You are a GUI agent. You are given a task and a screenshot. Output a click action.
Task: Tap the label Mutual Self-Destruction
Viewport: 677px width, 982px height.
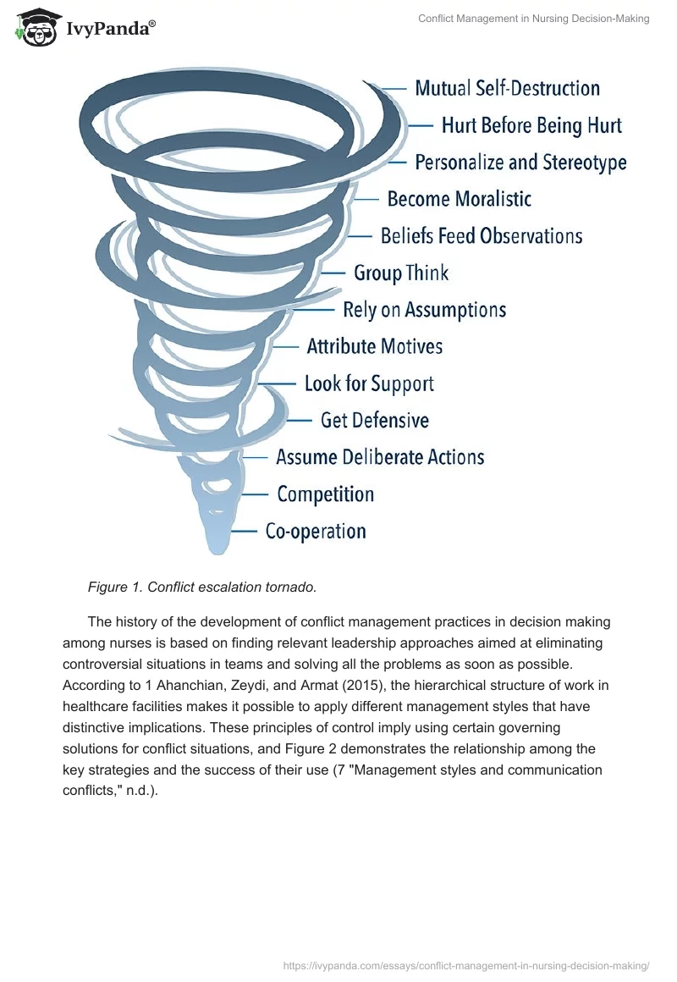pos(507,88)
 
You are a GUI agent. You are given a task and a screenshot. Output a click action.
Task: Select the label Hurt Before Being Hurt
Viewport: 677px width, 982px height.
pos(531,125)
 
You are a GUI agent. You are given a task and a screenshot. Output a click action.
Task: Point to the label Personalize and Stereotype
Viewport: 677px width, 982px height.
pos(520,162)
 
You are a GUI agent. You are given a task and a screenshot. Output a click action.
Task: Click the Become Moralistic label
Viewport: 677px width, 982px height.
pos(459,199)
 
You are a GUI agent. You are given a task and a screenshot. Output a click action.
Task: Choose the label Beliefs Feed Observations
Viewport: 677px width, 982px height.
pos(482,235)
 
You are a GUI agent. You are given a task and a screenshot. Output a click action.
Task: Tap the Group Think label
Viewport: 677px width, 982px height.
pos(401,273)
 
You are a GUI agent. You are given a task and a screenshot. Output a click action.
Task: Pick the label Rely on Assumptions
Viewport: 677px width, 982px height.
pos(424,310)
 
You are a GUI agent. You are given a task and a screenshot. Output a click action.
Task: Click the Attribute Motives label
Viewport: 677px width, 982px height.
pos(374,346)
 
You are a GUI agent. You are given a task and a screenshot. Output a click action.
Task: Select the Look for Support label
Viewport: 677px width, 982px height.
pos(369,383)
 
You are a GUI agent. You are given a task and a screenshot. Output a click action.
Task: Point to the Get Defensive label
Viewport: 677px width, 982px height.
pos(374,420)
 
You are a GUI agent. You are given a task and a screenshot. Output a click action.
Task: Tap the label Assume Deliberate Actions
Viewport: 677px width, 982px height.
pos(380,457)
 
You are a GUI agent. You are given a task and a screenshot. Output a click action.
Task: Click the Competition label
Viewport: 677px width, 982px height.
pos(325,494)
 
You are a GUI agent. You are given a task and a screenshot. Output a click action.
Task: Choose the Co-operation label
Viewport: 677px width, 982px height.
pos(316,532)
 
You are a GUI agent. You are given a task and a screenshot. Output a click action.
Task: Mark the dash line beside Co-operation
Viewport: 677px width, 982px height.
pos(245,532)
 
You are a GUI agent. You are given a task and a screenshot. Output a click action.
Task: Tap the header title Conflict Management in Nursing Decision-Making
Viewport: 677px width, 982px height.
pos(533,19)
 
